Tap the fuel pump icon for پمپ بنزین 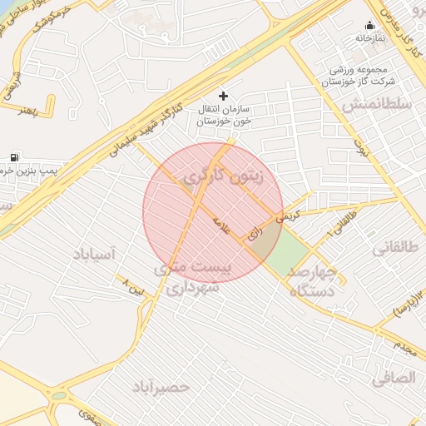(14, 156)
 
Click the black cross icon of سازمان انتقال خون (222, 96)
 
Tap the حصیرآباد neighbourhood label (161, 387)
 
